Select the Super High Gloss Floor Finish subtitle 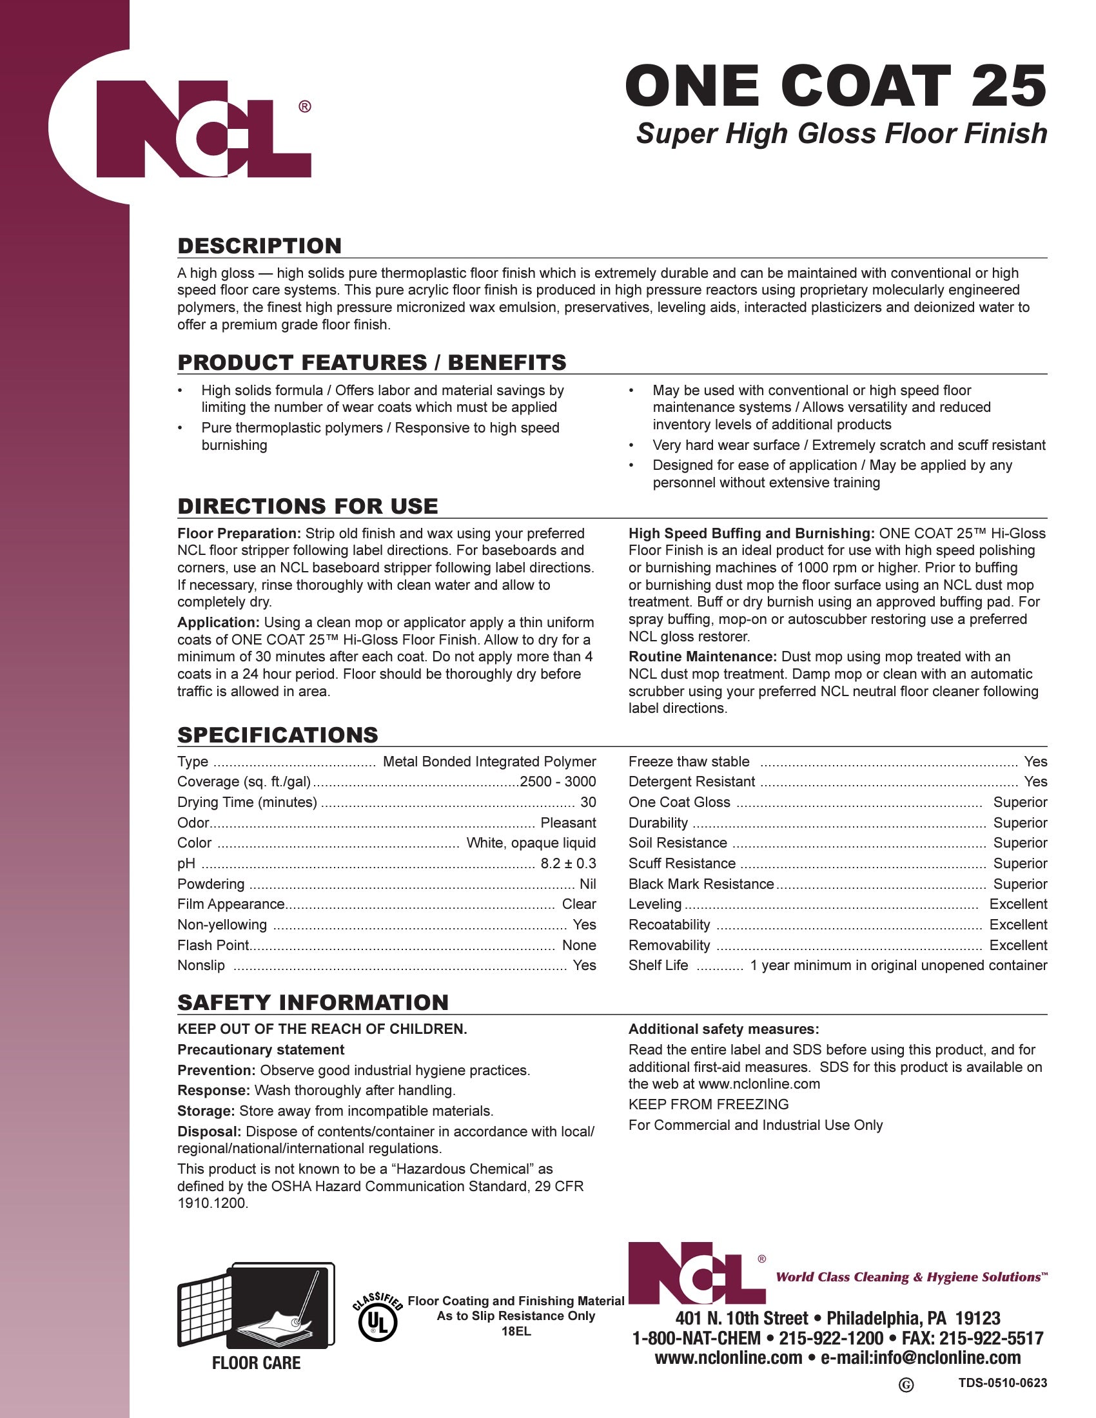(841, 134)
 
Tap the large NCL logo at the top (203, 128)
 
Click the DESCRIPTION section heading (259, 246)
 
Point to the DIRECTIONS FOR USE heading (307, 507)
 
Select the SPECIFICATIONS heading (277, 735)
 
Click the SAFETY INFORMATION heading (312, 1002)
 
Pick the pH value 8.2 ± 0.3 (567, 864)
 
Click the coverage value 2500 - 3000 (558, 782)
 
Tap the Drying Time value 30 (587, 802)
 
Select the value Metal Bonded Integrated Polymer (489, 762)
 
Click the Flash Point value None (578, 946)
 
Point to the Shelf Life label (658, 966)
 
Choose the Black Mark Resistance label (701, 884)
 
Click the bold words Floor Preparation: (239, 534)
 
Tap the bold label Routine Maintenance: (702, 657)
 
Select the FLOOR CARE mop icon (256, 1306)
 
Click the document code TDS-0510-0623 (1002, 1383)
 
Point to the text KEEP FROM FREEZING (708, 1104)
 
